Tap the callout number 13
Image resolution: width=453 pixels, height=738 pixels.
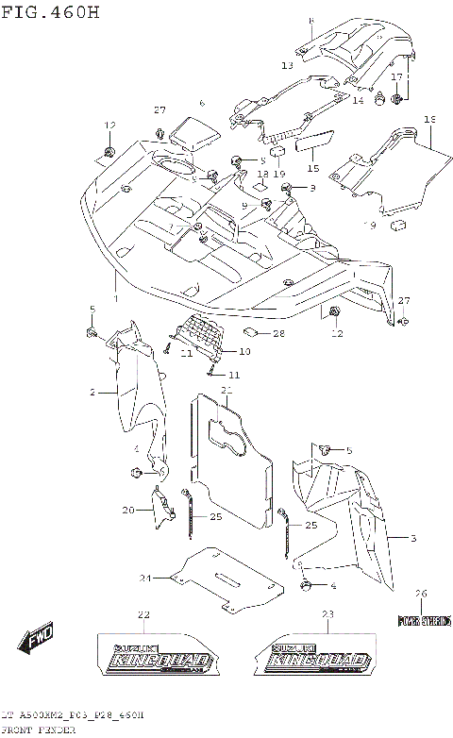[x=287, y=66]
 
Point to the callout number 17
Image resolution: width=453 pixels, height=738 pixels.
[x=397, y=76]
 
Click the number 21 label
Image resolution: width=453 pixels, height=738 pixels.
[x=226, y=390]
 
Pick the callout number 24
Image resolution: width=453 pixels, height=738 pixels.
[x=145, y=578]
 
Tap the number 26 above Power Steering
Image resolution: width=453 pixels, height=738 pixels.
[x=422, y=593]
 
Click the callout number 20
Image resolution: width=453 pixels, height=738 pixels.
[x=127, y=511]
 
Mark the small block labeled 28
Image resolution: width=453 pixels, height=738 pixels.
[x=253, y=332]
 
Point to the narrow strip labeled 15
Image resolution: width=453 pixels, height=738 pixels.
[x=313, y=143]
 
